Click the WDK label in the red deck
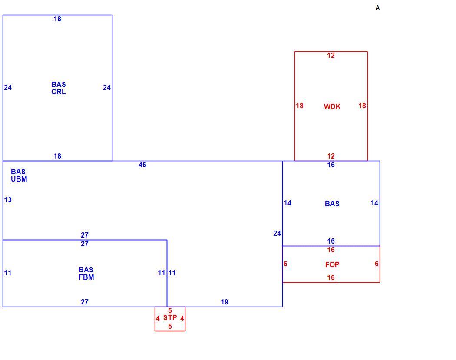pyautogui.click(x=332, y=106)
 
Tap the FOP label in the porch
pyautogui.click(x=332, y=264)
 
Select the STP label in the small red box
pyautogui.click(x=170, y=317)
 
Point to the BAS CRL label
pyautogui.click(x=59, y=88)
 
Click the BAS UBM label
pyautogui.click(x=19, y=175)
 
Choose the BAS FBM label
pyautogui.click(x=86, y=273)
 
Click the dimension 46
pyautogui.click(x=142, y=165)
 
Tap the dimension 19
pyautogui.click(x=225, y=302)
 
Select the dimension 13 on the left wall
pyautogui.click(x=8, y=200)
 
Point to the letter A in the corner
pyautogui.click(x=377, y=7)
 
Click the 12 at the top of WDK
pyautogui.click(x=331, y=55)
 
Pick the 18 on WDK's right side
pyautogui.click(x=362, y=106)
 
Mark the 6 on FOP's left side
pyautogui.click(x=285, y=264)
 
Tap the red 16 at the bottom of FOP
pyautogui.click(x=331, y=277)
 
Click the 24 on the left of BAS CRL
pyautogui.click(x=8, y=87)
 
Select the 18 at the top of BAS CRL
pyautogui.click(x=57, y=19)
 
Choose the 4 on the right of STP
pyautogui.click(x=182, y=318)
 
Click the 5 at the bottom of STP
pyautogui.click(x=170, y=326)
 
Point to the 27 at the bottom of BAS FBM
pyautogui.click(x=85, y=302)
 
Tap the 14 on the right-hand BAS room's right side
pyautogui.click(x=374, y=203)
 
